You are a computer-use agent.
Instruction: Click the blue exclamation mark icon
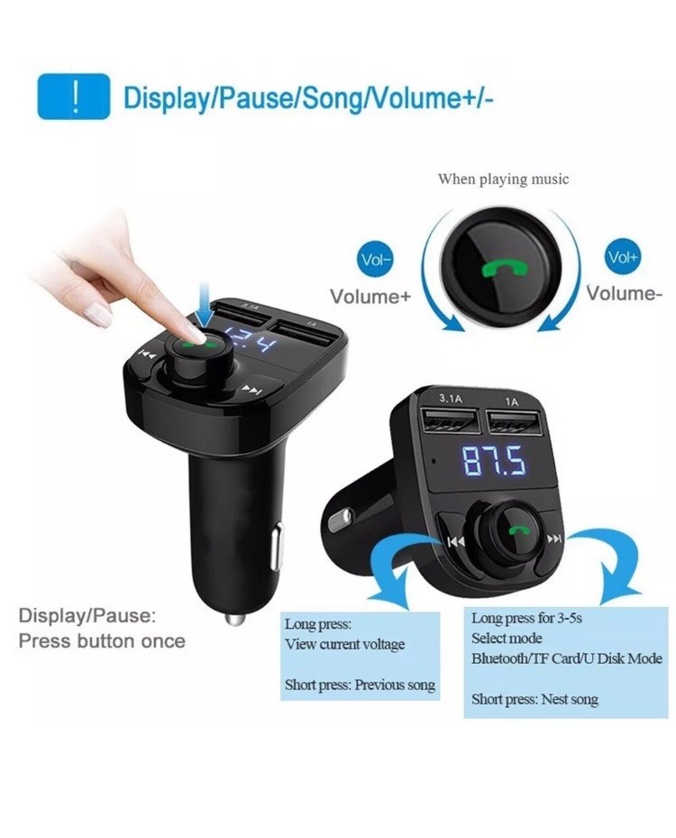pos(74,97)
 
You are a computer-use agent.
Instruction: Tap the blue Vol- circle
pos(375,260)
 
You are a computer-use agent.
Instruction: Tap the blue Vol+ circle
pos(623,257)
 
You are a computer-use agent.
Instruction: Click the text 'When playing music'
pos(503,179)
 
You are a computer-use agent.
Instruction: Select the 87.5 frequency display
pos(493,461)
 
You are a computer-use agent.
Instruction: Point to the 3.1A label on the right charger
pos(450,398)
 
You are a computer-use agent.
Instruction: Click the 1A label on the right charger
pos(511,401)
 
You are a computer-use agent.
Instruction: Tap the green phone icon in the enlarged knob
pos(504,268)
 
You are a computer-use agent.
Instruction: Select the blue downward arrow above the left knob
pos(203,307)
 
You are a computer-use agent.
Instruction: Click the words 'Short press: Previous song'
pos(360,685)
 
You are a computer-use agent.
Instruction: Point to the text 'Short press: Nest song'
pos(534,699)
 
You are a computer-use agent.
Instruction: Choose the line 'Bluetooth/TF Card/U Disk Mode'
pos(567,658)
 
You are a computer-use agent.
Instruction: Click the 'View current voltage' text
pos(344,645)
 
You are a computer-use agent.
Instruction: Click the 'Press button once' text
pos(102,640)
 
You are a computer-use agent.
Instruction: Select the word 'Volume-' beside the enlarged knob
pos(625,293)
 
